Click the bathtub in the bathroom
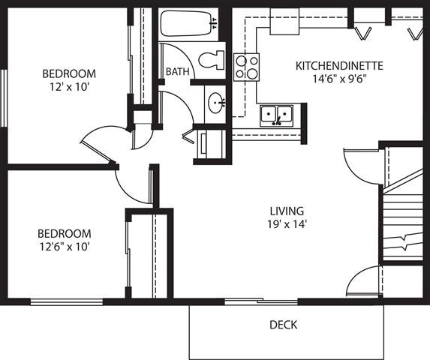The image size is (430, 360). click(x=188, y=24)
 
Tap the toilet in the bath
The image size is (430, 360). click(x=213, y=58)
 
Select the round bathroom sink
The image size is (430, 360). click(x=217, y=102)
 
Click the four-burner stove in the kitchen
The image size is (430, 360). click(x=246, y=67)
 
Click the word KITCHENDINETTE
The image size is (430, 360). click(x=339, y=66)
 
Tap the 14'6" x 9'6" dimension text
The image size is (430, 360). click(x=339, y=78)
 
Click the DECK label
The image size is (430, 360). click(x=283, y=325)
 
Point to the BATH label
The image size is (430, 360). click(x=177, y=72)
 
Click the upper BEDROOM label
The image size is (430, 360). click(x=69, y=73)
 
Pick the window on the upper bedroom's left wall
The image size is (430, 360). click(x=4, y=97)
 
